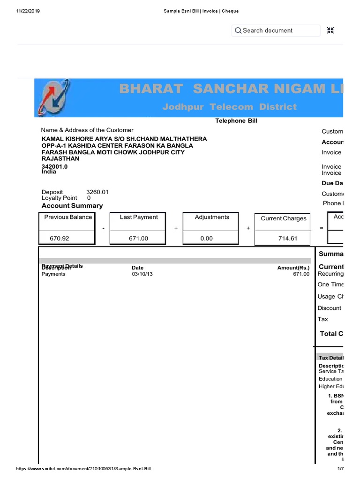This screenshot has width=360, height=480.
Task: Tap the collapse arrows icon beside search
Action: coord(330,30)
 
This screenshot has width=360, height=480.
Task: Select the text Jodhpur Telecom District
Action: coord(229,107)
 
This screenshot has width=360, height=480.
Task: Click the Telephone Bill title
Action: coord(236,121)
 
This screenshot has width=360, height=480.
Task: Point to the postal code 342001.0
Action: coord(54,166)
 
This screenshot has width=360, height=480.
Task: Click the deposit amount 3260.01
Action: coord(97,192)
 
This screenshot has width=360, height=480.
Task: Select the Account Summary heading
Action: coord(72,206)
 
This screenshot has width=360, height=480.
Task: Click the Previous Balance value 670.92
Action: coord(60,238)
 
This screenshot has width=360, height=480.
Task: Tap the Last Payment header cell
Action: coord(139,217)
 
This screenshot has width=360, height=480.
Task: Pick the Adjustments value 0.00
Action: coord(206,238)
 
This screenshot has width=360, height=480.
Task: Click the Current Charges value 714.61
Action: coord(288,238)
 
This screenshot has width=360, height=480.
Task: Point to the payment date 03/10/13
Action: coord(142,274)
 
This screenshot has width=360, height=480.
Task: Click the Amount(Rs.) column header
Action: coord(293,268)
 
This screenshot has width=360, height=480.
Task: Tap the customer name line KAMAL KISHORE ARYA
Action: coord(124,139)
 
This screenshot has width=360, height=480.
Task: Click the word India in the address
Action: coord(49,172)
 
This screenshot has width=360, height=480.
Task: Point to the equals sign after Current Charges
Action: coord(321,228)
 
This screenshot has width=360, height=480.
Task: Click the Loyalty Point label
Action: coord(59,198)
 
